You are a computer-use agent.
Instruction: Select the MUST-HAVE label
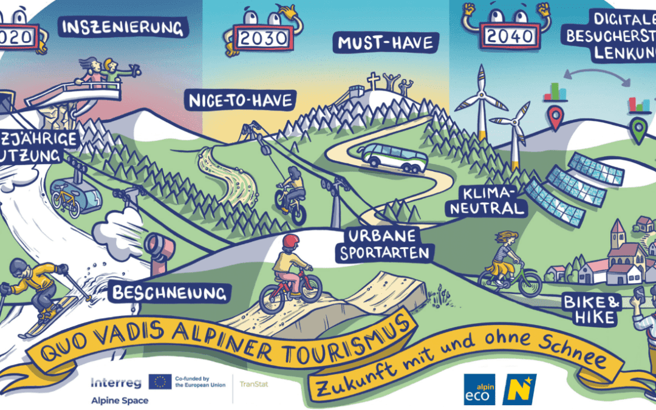[x=386, y=43]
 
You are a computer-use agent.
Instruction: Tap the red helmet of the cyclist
[x=291, y=241]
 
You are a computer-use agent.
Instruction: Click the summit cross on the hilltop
[x=374, y=80]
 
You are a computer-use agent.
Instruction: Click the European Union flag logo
[x=162, y=381]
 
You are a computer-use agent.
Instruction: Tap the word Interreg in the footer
[x=116, y=382]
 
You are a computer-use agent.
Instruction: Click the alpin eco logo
[x=479, y=389]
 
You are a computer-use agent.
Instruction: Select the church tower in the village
[x=618, y=233]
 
